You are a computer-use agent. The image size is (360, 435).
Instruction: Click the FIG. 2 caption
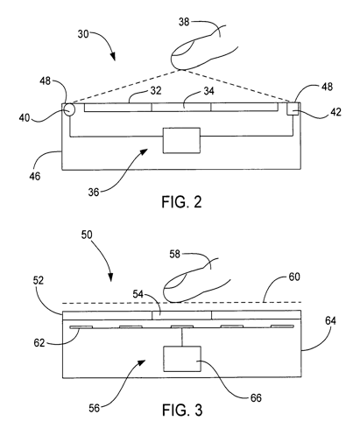(x=181, y=202)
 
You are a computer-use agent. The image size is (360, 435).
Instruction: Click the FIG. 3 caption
(x=182, y=410)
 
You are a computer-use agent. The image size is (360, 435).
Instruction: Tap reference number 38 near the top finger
(x=184, y=22)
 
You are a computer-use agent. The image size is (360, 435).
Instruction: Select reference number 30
(x=83, y=34)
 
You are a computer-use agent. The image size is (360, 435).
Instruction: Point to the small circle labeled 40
(x=69, y=110)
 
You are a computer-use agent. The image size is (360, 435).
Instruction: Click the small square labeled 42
(x=293, y=109)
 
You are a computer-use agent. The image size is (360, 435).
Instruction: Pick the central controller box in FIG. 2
(x=181, y=140)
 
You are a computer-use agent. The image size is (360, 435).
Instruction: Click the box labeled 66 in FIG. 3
(x=182, y=359)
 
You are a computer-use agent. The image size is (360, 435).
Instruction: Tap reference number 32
(x=156, y=91)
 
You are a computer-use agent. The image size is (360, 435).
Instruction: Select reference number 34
(x=208, y=91)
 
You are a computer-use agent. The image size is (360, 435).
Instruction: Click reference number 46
(x=34, y=176)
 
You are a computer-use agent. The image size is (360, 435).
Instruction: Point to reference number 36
(x=94, y=193)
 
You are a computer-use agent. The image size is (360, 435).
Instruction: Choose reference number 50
(x=87, y=235)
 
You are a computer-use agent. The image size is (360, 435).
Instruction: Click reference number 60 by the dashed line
(x=294, y=277)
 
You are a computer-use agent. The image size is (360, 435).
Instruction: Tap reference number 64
(x=330, y=320)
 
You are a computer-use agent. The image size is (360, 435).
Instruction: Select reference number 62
(x=39, y=343)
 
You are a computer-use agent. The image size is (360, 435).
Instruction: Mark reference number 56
(x=94, y=408)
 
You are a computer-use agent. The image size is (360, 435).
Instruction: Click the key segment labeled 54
(x=181, y=315)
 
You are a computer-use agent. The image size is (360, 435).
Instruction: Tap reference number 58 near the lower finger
(x=175, y=254)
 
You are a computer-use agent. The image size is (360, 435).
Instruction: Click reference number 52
(x=39, y=280)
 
